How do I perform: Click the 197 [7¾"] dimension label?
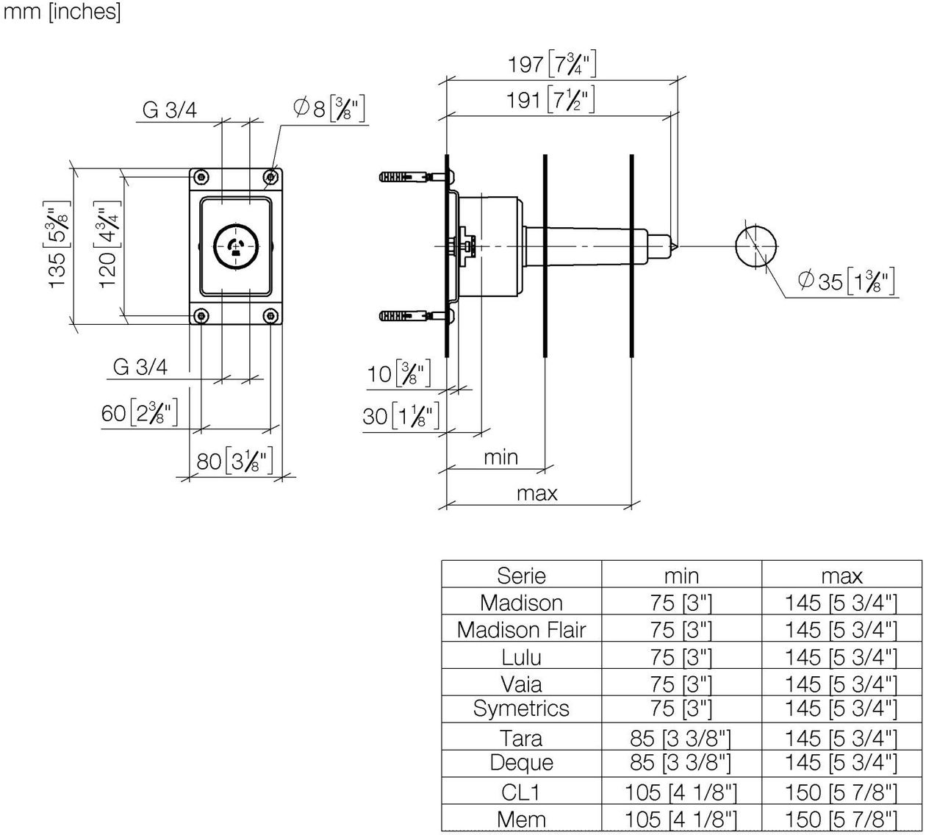[x=552, y=64]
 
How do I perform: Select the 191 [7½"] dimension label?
[x=550, y=100]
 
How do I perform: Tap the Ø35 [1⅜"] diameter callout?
[x=847, y=281]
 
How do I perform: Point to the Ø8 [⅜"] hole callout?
[x=329, y=109]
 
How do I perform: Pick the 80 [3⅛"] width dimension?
[x=234, y=460]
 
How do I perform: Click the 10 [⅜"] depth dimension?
[x=399, y=373]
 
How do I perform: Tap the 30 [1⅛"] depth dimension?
[x=401, y=415]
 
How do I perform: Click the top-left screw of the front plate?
[x=201, y=176]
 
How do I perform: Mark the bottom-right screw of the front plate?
[x=270, y=316]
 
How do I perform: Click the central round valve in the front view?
[x=236, y=246]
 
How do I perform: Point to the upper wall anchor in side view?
[x=414, y=176]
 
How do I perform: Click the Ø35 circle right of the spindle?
[x=755, y=246]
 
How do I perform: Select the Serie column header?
[x=521, y=576]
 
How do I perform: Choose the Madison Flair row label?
[x=521, y=629]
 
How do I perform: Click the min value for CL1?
[x=681, y=792]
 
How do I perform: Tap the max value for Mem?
[x=841, y=820]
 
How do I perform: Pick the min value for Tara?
[x=681, y=738]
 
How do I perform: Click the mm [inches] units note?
[x=62, y=11]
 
